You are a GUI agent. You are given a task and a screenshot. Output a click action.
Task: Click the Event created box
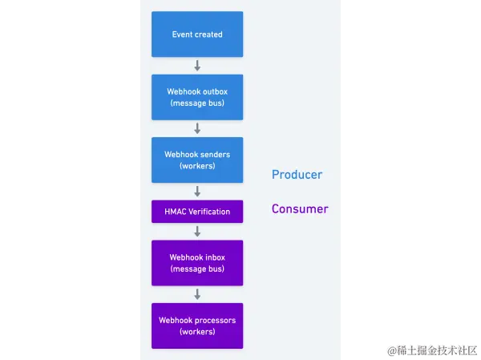click(x=197, y=34)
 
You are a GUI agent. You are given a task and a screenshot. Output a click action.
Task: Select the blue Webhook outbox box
click(x=197, y=97)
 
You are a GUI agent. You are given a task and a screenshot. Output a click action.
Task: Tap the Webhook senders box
click(x=197, y=160)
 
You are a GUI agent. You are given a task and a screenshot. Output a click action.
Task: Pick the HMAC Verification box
click(x=197, y=212)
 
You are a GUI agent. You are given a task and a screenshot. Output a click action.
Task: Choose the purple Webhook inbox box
click(x=197, y=263)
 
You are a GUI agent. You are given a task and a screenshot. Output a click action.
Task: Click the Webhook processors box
click(x=197, y=326)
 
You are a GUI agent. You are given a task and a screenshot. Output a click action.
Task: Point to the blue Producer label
click(x=297, y=175)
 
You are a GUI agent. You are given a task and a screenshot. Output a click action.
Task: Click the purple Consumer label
click(x=300, y=209)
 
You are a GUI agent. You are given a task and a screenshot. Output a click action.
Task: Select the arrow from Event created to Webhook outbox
click(x=197, y=66)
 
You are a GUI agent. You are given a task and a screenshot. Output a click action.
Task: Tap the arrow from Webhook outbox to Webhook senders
click(x=197, y=128)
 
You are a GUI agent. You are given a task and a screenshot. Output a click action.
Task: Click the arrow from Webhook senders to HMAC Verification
click(x=197, y=192)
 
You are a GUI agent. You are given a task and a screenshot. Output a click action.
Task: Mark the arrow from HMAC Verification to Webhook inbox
click(x=197, y=231)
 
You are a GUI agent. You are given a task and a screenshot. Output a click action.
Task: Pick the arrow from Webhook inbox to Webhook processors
click(x=197, y=294)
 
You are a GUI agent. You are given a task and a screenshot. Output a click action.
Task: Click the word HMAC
click(x=176, y=212)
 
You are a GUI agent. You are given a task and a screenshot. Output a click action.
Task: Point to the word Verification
click(x=209, y=212)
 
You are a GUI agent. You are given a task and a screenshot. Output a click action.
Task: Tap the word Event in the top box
click(x=183, y=34)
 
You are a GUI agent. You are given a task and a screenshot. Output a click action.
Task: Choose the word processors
click(x=214, y=321)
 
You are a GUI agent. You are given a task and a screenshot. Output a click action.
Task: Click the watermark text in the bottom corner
click(x=431, y=350)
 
